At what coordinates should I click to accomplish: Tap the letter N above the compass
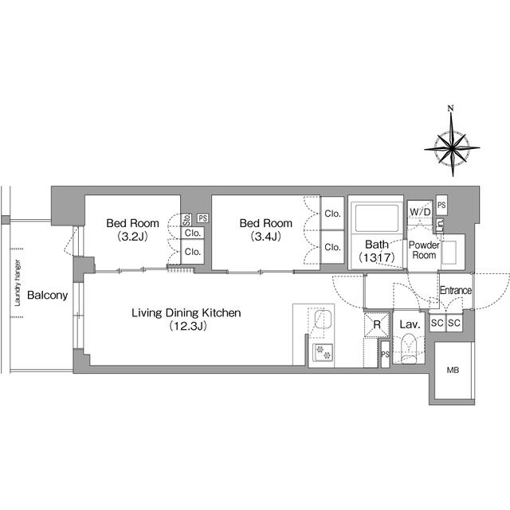tap(451, 109)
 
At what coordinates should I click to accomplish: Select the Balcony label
tap(47, 296)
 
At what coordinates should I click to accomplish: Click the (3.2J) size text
tap(133, 237)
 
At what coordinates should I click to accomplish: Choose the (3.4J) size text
tap(266, 237)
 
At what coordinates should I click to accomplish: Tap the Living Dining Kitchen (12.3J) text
tap(186, 320)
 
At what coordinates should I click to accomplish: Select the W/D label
tap(419, 212)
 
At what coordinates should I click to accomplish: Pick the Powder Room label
tap(424, 249)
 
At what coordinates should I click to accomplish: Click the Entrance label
tap(457, 291)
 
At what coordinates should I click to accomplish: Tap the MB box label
tap(453, 371)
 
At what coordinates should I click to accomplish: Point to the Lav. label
tap(410, 324)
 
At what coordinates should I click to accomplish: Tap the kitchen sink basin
tap(322, 320)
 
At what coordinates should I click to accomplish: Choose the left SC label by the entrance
tap(436, 323)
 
